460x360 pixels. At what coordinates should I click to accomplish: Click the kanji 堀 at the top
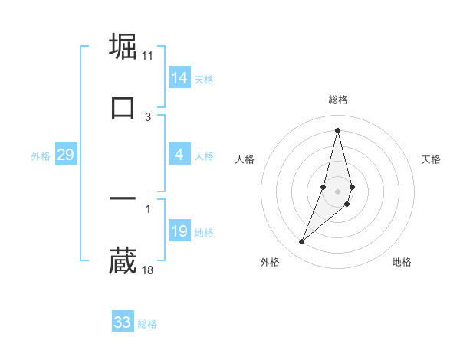[123, 46]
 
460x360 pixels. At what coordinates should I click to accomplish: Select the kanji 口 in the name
[123, 107]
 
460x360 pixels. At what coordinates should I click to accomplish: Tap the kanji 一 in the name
[123, 199]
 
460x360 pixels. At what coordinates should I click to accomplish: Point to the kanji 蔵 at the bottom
[123, 261]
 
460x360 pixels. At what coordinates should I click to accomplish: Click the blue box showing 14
[179, 78]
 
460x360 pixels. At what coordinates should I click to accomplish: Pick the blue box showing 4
[179, 155]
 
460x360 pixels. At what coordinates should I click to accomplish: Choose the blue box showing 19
[179, 231]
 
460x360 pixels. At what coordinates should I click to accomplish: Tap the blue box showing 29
[65, 155]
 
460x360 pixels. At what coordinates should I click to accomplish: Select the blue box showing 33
[123, 322]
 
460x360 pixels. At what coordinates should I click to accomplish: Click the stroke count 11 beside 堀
[148, 56]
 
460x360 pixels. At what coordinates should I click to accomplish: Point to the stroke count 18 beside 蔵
[148, 270]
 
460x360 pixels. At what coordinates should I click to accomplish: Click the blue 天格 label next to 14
[204, 80]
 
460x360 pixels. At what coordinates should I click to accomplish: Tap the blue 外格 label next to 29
[41, 156]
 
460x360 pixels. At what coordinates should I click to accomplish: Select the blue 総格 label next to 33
[147, 324]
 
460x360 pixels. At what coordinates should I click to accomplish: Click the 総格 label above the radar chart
[338, 100]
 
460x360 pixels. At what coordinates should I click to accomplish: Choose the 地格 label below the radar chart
[402, 262]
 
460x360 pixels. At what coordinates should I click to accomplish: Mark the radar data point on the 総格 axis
[337, 129]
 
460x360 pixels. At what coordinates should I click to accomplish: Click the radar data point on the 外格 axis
[301, 242]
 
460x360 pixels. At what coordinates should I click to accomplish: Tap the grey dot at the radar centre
[337, 189]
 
